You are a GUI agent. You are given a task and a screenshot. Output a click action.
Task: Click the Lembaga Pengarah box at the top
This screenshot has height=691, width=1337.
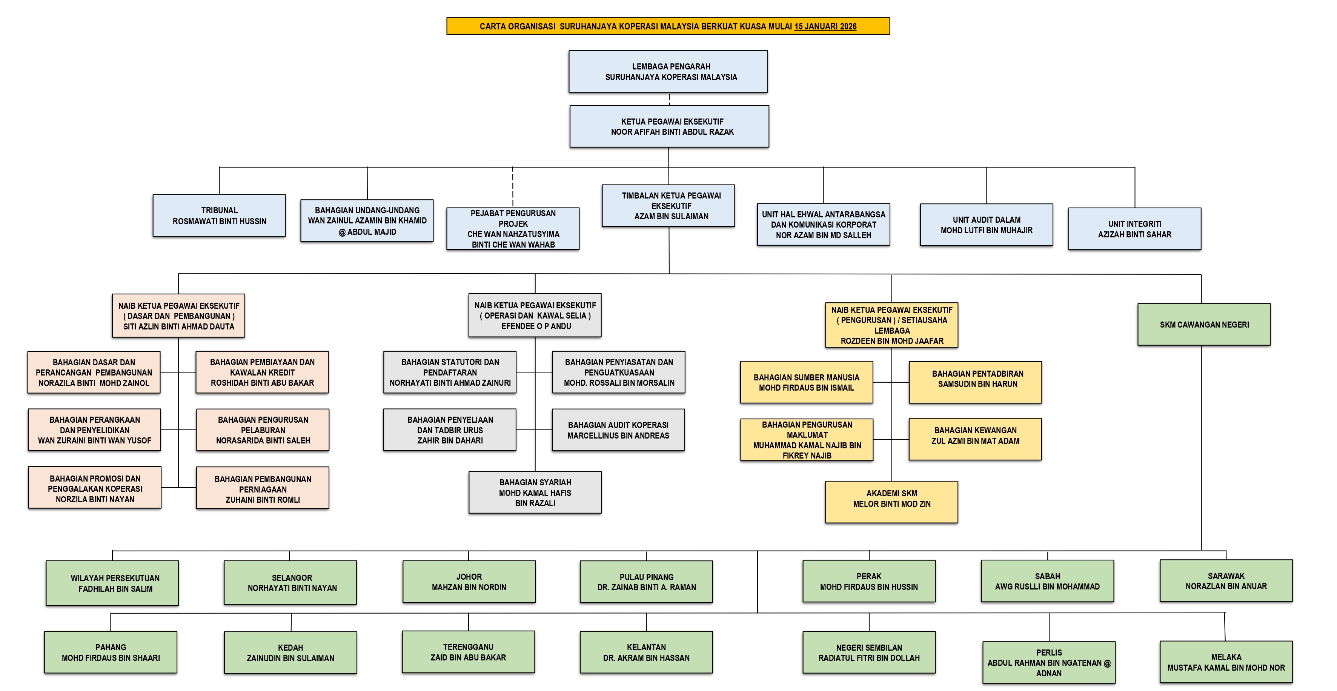tap(668, 72)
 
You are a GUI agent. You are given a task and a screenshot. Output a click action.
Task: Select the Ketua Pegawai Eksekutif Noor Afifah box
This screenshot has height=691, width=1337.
tap(669, 127)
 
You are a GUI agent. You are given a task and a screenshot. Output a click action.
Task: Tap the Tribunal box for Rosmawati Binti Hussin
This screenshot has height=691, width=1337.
tap(219, 215)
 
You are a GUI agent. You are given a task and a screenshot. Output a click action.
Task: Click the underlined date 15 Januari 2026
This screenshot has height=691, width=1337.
tap(825, 26)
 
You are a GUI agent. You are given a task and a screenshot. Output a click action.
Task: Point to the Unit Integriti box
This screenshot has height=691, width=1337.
tap(1134, 229)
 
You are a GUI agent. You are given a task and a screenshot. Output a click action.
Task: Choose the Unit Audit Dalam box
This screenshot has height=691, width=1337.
tap(986, 225)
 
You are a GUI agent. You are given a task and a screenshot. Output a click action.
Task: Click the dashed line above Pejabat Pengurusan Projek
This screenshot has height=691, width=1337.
tap(513, 187)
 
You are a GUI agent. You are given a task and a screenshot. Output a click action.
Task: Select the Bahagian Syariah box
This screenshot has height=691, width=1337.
tap(535, 492)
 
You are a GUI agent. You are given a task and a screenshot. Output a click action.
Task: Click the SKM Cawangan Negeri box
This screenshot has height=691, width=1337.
tap(1203, 325)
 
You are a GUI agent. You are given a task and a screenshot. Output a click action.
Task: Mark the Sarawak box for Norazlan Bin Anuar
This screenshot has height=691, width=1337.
tap(1226, 580)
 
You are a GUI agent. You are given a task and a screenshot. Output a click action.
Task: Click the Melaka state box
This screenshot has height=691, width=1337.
tap(1226, 662)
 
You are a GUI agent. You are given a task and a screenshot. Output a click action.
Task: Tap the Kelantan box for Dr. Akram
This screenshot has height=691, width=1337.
tap(646, 652)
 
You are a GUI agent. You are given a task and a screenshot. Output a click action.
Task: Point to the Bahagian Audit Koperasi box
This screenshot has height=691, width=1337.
tap(618, 430)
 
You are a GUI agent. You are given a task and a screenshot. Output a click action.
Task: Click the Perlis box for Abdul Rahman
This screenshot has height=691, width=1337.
tap(1048, 662)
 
